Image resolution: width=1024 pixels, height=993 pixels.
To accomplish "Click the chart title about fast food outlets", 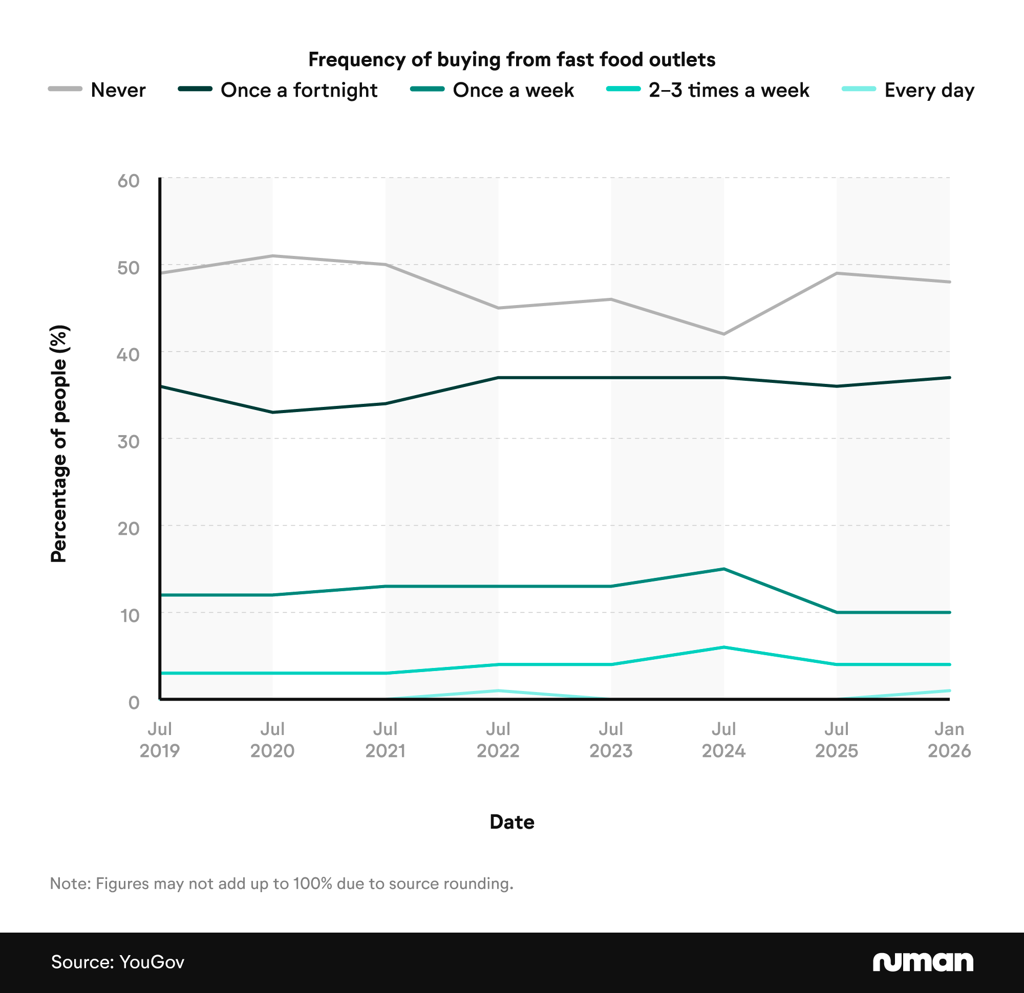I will pyautogui.click(x=511, y=59).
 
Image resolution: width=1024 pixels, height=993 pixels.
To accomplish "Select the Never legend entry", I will pyautogui.click(x=97, y=90).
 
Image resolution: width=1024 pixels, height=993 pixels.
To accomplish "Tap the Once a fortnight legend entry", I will pyautogui.click(x=278, y=90).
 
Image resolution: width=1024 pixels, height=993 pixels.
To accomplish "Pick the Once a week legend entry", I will pyautogui.click(x=492, y=90).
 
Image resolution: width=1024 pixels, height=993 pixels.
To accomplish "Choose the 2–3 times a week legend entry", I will pyautogui.click(x=708, y=90).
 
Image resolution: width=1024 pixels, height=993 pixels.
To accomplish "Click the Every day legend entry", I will pyautogui.click(x=908, y=90).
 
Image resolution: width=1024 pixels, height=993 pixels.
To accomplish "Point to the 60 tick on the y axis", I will pyautogui.click(x=129, y=181).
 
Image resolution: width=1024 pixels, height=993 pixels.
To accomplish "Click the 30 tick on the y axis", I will pyautogui.click(x=129, y=441).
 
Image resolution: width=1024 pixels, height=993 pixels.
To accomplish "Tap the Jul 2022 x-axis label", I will pyautogui.click(x=498, y=740).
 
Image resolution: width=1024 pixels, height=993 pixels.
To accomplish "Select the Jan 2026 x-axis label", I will pyautogui.click(x=949, y=740).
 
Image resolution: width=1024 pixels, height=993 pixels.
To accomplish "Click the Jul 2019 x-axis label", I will pyautogui.click(x=159, y=740).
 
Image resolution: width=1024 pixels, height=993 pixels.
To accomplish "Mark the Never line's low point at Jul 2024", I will pyautogui.click(x=723, y=334).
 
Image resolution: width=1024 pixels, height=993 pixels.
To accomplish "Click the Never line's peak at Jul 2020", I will pyautogui.click(x=272, y=255).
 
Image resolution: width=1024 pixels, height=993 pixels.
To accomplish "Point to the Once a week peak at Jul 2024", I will pyautogui.click(x=723, y=569).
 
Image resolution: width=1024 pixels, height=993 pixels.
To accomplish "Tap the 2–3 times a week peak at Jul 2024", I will pyautogui.click(x=723, y=647).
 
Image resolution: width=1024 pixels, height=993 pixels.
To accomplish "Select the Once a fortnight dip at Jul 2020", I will pyautogui.click(x=272, y=412).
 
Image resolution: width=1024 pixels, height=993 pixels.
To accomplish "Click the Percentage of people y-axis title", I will pyautogui.click(x=58, y=444).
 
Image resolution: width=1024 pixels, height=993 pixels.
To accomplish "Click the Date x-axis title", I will pyautogui.click(x=511, y=822).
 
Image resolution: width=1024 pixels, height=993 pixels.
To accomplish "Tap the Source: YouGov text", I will pyautogui.click(x=118, y=962).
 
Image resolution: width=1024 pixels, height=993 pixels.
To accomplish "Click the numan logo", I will pyautogui.click(x=923, y=962).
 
